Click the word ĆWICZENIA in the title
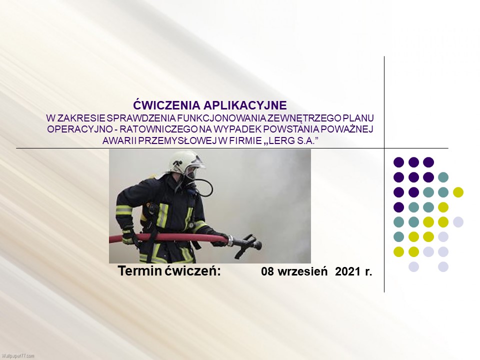coord(166,104)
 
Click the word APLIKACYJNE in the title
coord(245,105)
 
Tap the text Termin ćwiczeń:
coord(169,271)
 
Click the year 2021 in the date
coord(347,271)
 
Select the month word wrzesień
coord(302,271)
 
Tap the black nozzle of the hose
coord(244,244)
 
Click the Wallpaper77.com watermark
coord(17,356)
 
